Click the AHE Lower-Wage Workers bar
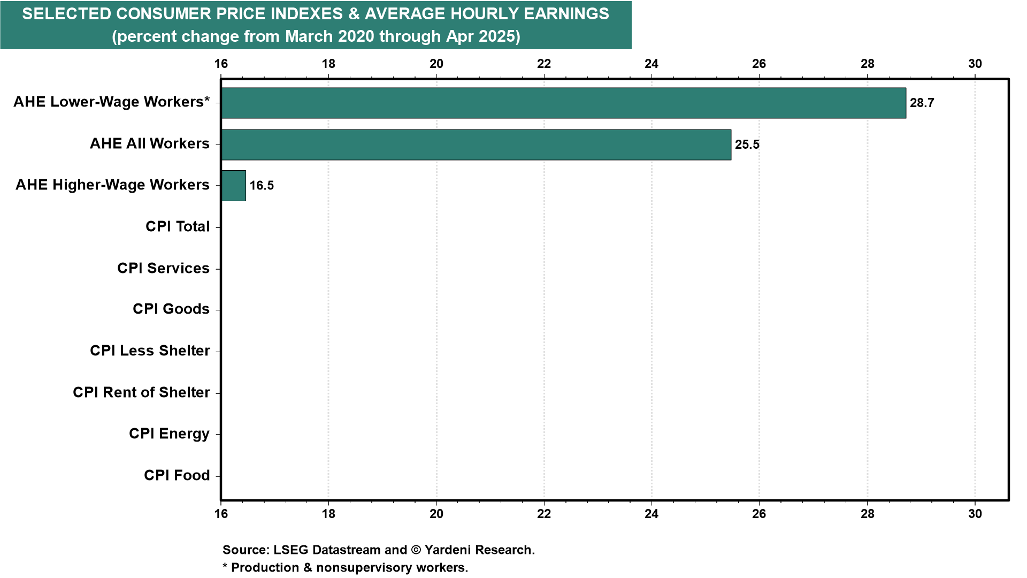tap(564, 103)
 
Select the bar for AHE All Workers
tap(476, 144)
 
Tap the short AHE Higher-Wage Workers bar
tap(234, 186)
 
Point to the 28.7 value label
tap(922, 103)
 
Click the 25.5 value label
tap(747, 144)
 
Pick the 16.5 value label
tap(262, 186)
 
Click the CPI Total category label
tap(178, 226)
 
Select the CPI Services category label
tap(163, 268)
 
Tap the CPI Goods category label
tap(171, 309)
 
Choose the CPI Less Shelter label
tap(150, 351)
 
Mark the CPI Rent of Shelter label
tap(141, 392)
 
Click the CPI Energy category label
tap(169, 434)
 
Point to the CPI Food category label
tap(177, 475)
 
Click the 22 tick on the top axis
tap(544, 64)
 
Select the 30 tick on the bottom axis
tap(975, 514)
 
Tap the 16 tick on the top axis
tap(221, 64)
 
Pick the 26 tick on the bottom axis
tap(759, 514)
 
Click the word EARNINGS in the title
tap(566, 14)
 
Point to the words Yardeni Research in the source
tap(479, 550)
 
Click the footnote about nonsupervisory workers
tap(345, 568)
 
